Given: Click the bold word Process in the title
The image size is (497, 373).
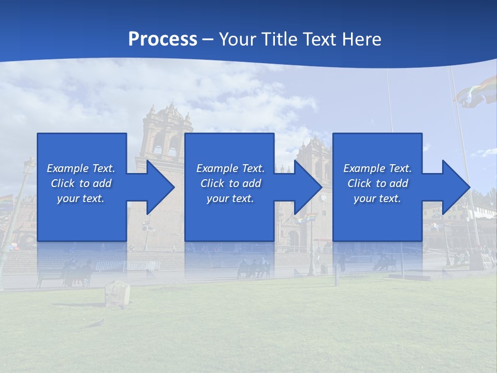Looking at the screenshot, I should pos(163,39).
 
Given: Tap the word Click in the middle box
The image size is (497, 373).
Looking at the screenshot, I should pos(213,183).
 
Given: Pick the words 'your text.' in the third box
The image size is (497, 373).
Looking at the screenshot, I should pos(377,198).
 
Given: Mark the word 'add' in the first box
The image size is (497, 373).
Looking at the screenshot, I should pos(102,183).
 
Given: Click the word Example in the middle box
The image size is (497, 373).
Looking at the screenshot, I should pos(217,168).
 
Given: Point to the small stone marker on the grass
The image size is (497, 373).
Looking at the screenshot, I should pos(117,294).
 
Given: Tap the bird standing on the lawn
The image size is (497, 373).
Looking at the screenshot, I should pos(96,323).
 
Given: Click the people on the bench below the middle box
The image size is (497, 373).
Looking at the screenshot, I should pos(254,267).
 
